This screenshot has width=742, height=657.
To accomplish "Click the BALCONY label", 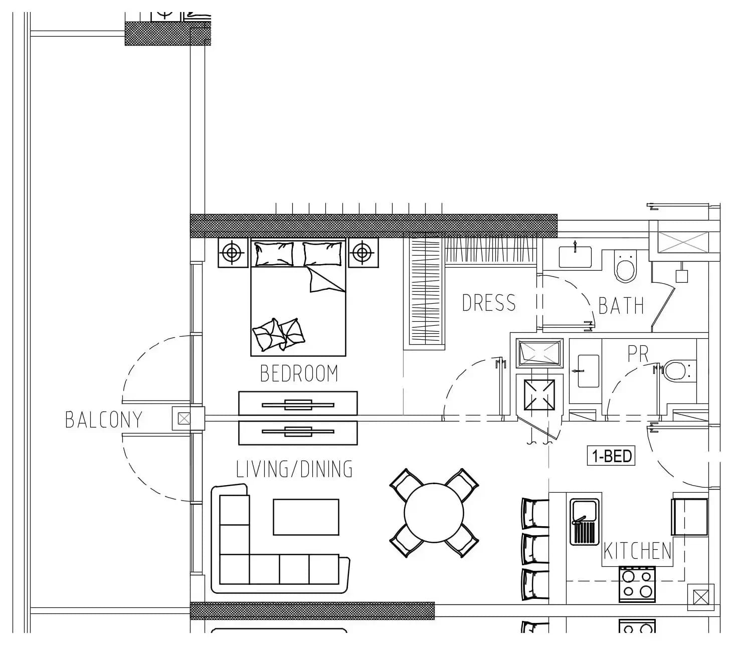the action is click(104, 419).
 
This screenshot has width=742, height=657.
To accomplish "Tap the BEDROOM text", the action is click(299, 373).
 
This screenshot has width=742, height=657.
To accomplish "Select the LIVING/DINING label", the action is click(294, 469).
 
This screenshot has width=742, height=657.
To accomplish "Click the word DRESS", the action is click(488, 303).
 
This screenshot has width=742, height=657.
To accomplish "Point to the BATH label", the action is click(621, 306).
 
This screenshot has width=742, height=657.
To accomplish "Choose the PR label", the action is click(638, 354).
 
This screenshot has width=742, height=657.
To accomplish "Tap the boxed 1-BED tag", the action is click(611, 456).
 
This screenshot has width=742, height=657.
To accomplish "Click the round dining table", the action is click(434, 513).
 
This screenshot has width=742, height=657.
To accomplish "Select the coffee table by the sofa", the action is click(306, 517).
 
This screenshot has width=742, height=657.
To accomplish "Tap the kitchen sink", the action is click(585, 522).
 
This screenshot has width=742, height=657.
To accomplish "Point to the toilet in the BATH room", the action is click(626, 267).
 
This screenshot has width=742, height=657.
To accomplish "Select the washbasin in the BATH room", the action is click(575, 257).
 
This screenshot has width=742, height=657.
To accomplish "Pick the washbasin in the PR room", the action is click(588, 371).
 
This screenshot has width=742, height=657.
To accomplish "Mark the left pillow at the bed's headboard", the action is click(274, 254).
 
